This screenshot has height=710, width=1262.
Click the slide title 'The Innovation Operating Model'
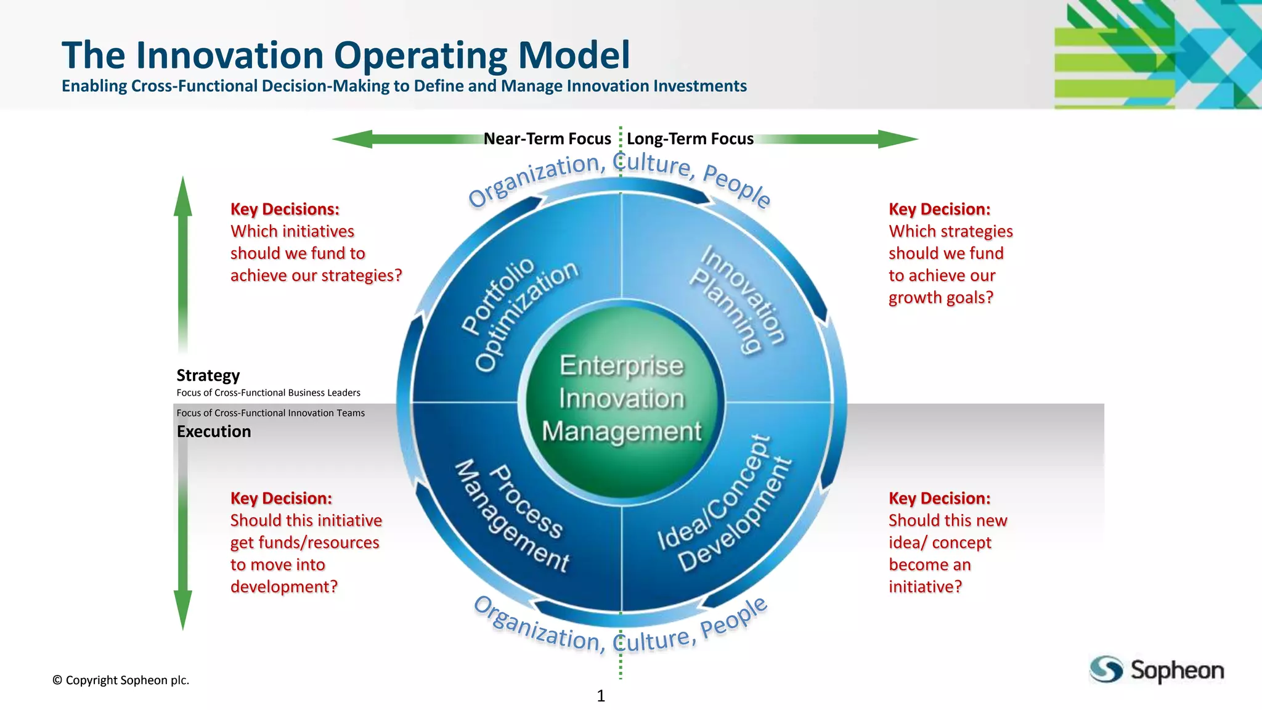click(346, 55)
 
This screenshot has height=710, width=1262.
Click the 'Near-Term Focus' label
click(547, 139)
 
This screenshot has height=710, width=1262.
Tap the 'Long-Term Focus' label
click(690, 139)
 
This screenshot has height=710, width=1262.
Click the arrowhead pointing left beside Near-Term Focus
click(352, 139)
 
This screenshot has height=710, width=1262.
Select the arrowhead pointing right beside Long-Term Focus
click(898, 139)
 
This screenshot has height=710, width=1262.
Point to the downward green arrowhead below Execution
click(182, 609)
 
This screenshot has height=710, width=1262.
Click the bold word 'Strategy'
click(208, 375)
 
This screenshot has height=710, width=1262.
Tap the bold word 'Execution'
click(214, 431)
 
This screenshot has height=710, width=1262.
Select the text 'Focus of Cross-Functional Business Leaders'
click(268, 393)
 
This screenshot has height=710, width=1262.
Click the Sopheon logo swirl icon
click(1106, 669)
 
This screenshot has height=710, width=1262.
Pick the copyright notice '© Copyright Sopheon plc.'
click(121, 680)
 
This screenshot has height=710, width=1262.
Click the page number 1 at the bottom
click(601, 696)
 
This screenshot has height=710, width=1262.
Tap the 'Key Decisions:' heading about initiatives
click(285, 209)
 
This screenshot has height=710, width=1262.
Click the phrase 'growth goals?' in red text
click(940, 298)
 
